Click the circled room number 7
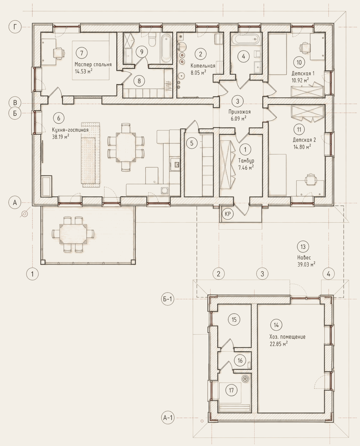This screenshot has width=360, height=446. point(82,53)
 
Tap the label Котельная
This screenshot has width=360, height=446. point(203,66)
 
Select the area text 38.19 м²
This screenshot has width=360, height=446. point(61,137)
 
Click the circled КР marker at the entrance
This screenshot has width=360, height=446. point(228,214)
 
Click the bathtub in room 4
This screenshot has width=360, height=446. point(247,39)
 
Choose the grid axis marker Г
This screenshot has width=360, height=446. point(15,27)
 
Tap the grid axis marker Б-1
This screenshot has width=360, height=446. point(167,299)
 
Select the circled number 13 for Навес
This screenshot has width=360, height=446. point(303,247)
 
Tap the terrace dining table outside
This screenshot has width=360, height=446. point(73,234)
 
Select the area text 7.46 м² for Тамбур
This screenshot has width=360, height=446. point(246,167)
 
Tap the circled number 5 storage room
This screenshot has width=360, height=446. point(192,143)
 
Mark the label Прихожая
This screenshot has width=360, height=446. point(240,112)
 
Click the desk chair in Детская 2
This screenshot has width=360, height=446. point(310,179)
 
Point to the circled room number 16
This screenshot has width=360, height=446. point(240,360)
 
